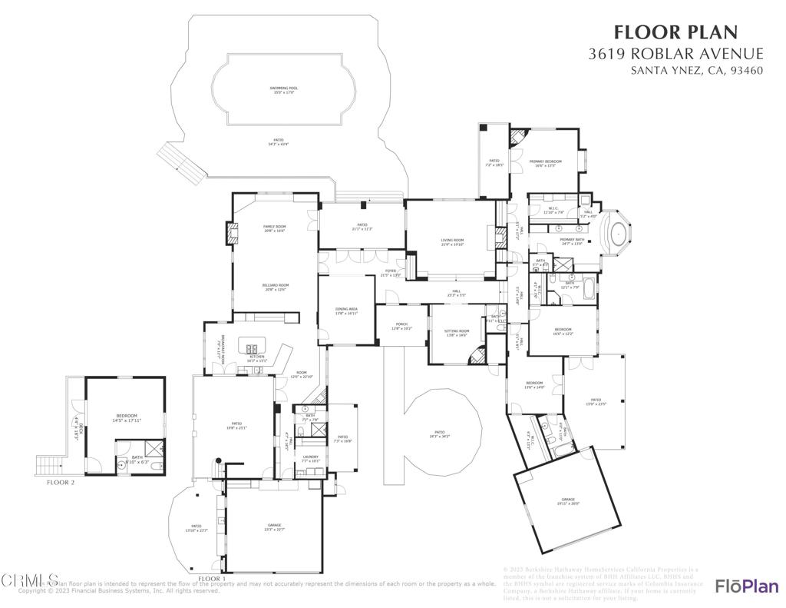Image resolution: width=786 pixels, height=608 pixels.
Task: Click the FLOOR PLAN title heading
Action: (x=675, y=32)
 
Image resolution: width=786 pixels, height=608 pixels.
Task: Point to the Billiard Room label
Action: (x=276, y=287)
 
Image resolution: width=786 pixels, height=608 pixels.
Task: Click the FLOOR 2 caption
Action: (x=61, y=483)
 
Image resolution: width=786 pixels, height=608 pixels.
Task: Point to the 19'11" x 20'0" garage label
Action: (x=568, y=501)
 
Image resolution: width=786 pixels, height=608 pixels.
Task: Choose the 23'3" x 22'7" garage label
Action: (x=274, y=527)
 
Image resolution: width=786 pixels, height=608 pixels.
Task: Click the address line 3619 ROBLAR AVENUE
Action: (x=675, y=54)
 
